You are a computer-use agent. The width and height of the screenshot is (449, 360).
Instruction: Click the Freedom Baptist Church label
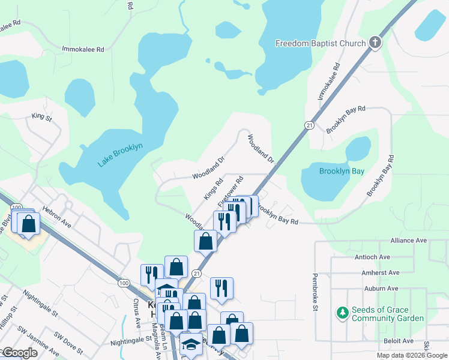321,43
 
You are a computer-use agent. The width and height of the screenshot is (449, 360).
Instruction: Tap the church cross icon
375,43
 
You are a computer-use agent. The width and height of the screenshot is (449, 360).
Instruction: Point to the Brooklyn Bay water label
342,171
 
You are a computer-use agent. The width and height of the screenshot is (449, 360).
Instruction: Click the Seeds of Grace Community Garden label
388,314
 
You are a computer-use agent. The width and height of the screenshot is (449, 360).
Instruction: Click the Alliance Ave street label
408,240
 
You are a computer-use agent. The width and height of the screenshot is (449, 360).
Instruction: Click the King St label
43,116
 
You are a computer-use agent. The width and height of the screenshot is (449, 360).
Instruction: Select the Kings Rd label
213,189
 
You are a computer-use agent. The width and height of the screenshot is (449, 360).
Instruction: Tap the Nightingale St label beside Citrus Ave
131,340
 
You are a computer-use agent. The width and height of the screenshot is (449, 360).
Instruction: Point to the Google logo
20,353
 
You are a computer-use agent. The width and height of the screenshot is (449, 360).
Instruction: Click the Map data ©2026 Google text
411,355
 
